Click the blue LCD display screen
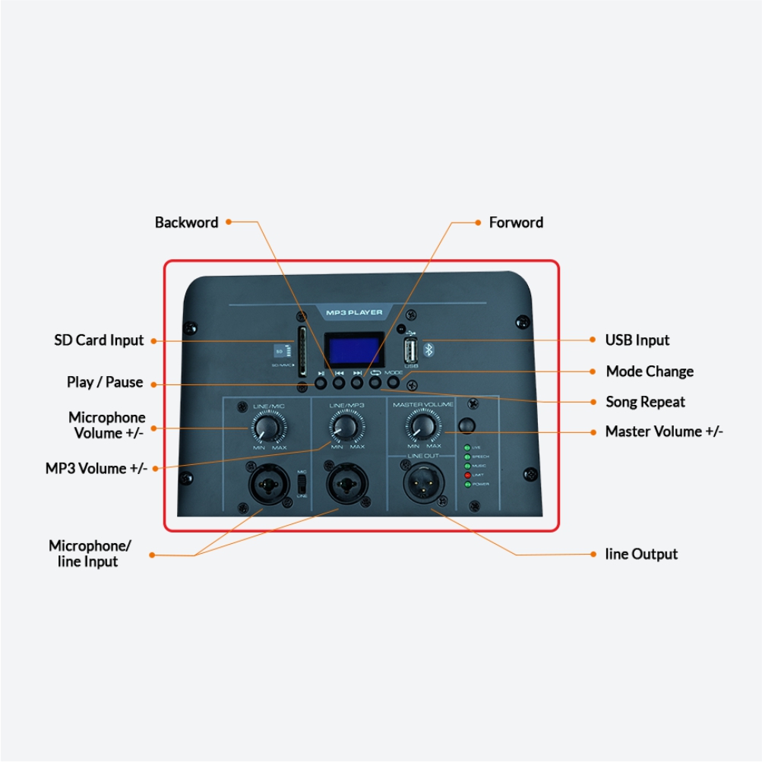click(x=352, y=350)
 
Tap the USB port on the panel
click(x=411, y=350)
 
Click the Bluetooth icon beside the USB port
click(x=428, y=349)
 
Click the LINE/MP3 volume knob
click(x=346, y=428)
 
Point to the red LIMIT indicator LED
click(x=467, y=475)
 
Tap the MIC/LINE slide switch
click(x=301, y=483)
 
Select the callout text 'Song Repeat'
click(x=645, y=402)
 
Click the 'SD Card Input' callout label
click(x=99, y=340)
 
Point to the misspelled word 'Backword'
click(x=186, y=223)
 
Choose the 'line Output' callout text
click(x=641, y=554)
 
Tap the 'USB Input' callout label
click(x=637, y=340)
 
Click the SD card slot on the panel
click(x=302, y=351)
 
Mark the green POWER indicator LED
click(x=467, y=484)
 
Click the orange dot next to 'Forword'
click(x=478, y=223)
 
